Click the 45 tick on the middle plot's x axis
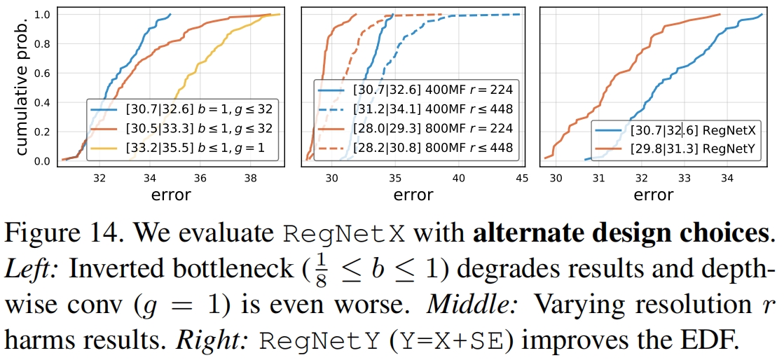point(521,177)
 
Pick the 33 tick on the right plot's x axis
point(684,177)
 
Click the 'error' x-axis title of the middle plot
point(413,195)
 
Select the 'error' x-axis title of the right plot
point(653,195)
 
